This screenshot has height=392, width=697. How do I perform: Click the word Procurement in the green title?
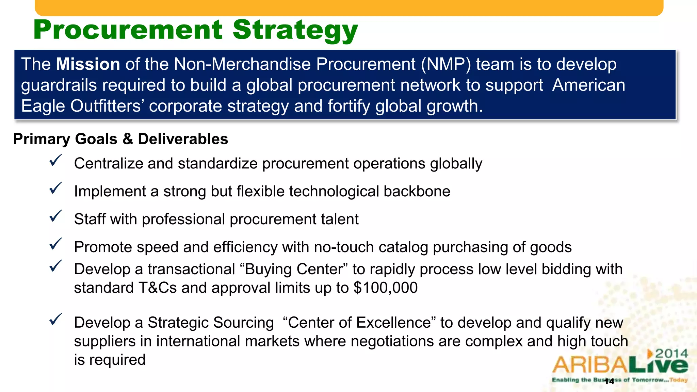[x=128, y=30]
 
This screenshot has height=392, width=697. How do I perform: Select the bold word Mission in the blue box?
[x=88, y=64]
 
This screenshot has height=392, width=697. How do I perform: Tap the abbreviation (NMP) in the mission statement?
[x=446, y=64]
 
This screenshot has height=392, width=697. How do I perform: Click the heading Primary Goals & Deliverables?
[x=120, y=139]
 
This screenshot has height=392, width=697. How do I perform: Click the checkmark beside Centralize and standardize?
[x=55, y=160]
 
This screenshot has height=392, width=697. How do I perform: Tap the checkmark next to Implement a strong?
[x=55, y=188]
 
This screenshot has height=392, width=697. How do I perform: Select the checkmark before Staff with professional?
[x=55, y=216]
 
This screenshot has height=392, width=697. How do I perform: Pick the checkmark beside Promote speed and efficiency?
[x=55, y=244]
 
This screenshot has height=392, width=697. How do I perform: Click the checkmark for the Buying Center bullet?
[x=55, y=266]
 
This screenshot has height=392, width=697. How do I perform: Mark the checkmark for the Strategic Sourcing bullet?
[x=55, y=319]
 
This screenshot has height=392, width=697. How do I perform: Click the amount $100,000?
[x=385, y=288]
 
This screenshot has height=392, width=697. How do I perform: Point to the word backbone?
[x=417, y=191]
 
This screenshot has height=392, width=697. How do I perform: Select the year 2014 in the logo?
[x=671, y=354]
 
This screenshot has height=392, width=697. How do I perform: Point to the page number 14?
[x=609, y=381]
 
